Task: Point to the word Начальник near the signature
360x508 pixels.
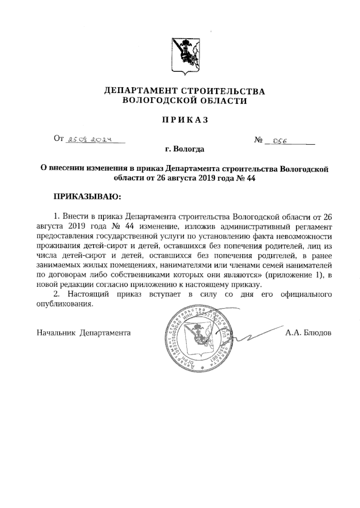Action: click(x=56, y=333)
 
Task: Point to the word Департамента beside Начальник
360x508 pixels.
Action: click(x=105, y=333)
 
